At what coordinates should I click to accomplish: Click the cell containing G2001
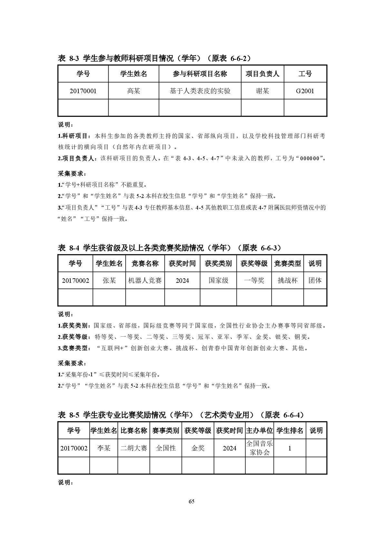coord(305,91)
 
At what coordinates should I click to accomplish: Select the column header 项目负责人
coord(262,74)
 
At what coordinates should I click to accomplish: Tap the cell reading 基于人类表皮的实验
coord(200,91)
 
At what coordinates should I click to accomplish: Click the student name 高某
coord(133,91)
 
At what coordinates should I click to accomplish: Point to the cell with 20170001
coord(83,91)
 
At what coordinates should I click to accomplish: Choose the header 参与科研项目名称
coord(200,74)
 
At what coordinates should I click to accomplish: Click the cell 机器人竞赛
coord(145,281)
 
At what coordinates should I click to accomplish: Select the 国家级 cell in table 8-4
coord(218,281)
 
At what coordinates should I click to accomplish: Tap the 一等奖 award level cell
coord(254,281)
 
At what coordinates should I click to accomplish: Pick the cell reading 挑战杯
coord(288,281)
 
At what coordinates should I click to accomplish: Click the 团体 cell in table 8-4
coord(315,281)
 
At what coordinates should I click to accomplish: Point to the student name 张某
coord(109,281)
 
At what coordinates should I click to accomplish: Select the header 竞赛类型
coord(288,263)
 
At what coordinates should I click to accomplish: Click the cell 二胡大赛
coord(133,448)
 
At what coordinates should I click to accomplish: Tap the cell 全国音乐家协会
coord(260,448)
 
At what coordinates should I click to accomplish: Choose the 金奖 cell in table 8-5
coord(198,448)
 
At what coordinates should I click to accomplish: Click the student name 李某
coord(103,448)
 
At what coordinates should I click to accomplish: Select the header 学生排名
coord(290,430)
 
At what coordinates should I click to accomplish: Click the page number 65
coord(192,501)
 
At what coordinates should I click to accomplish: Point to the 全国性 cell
coord(166,448)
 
